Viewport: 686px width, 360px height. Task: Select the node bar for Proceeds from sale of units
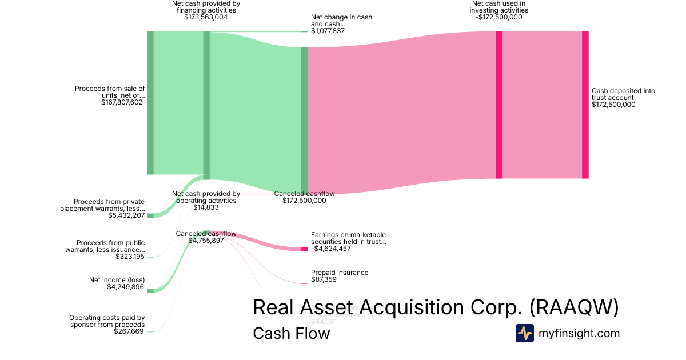pos(150,103)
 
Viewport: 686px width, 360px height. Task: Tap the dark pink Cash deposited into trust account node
pos(585,105)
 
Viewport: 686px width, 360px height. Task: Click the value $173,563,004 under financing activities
pos(206,17)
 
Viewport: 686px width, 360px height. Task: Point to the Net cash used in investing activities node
pos(499,105)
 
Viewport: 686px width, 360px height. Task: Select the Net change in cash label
pos(341,21)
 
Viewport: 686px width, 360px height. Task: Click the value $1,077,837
pos(328,31)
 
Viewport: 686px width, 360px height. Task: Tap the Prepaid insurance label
pos(340,273)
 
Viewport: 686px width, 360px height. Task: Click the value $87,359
pos(324,280)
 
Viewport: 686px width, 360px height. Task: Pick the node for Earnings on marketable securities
pos(304,249)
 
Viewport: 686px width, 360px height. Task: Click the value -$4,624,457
pos(331,249)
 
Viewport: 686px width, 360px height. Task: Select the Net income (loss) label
pos(117,280)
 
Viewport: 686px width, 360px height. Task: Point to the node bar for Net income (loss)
pos(150,291)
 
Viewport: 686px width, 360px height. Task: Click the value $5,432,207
pos(126,216)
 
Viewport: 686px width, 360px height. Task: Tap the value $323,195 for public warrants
pos(130,257)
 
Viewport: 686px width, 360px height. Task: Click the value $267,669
pos(129,331)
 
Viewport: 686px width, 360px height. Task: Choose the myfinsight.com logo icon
pos(525,333)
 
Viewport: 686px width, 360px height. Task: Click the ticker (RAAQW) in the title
pos(573,307)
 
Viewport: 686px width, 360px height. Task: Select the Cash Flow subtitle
pos(291,333)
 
